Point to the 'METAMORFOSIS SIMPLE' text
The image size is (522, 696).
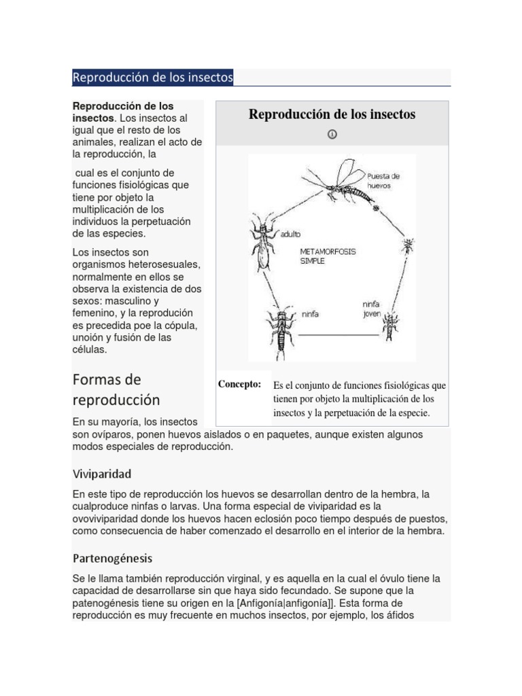point(327,256)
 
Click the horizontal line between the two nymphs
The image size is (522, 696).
point(338,335)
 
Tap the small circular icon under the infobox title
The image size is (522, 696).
point(332,134)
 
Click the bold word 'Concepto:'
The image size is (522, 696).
point(239,385)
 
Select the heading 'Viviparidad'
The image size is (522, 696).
point(102,473)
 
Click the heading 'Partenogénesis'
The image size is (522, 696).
point(112,559)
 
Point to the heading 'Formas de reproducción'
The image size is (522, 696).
point(116,389)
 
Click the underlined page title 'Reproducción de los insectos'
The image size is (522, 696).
point(153,78)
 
